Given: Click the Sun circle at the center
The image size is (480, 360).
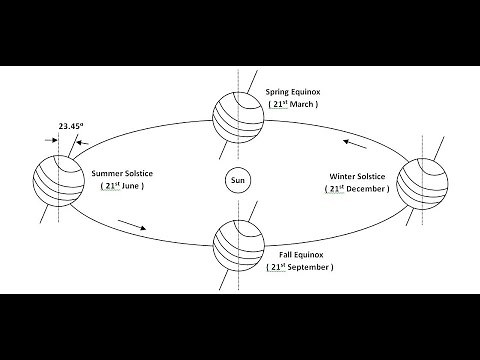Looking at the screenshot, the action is tap(237, 182).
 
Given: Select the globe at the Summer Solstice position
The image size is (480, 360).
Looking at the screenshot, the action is tap(58, 180).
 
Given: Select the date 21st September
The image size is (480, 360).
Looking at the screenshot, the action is tap(300, 268).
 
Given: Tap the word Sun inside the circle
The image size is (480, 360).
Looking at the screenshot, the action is tap(237, 182).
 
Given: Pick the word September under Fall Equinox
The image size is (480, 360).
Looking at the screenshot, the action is tap(310, 268).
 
